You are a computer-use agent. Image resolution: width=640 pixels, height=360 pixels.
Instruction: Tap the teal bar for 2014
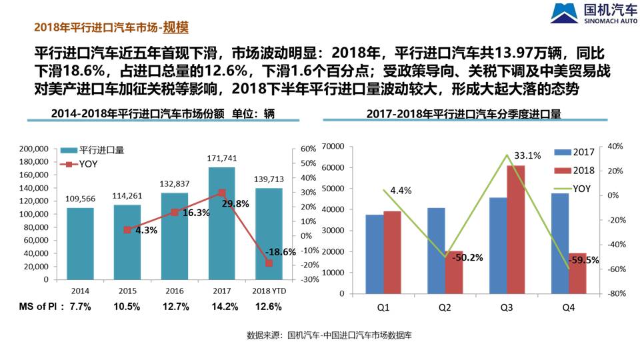point(80,243)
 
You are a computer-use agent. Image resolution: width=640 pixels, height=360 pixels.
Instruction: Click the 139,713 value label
point(269,180)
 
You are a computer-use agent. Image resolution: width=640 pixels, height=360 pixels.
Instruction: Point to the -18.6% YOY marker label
point(280,252)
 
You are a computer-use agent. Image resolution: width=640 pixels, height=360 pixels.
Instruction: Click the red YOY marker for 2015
point(127,230)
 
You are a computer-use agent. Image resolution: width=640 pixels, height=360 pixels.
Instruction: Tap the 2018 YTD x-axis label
point(269,291)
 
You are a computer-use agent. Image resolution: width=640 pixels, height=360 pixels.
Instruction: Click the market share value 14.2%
point(222,307)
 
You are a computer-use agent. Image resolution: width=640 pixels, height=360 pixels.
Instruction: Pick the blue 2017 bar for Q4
point(559,243)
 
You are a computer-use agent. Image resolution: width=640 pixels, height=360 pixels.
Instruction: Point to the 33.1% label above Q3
point(527,155)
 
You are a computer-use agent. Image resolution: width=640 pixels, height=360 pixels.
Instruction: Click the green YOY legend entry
point(574,188)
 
